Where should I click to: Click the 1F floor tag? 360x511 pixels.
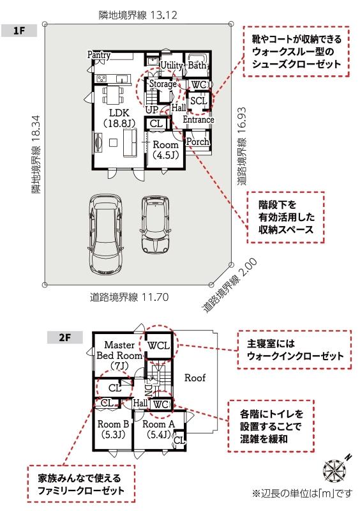click(x=19, y=31)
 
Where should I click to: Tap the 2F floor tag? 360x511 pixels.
click(x=65, y=337)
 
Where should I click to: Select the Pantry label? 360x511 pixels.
click(x=99, y=55)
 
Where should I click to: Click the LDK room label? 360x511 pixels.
click(x=119, y=118)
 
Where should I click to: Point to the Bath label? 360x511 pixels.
click(x=197, y=65)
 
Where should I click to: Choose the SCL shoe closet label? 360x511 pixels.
click(x=199, y=101)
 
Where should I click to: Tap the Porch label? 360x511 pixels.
click(x=198, y=141)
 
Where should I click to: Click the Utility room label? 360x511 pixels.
click(x=172, y=66)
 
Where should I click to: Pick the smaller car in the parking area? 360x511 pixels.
click(x=156, y=225)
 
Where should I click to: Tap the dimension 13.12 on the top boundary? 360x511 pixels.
click(x=163, y=15)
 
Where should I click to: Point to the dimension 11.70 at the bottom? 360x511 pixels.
click(x=155, y=297)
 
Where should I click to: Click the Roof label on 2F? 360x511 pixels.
click(x=195, y=378)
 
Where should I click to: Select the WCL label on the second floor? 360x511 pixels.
click(x=159, y=346)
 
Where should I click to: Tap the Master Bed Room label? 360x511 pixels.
click(x=119, y=355)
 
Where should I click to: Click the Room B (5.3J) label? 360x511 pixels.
click(x=114, y=429)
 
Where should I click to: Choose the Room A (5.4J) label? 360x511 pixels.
click(x=159, y=429)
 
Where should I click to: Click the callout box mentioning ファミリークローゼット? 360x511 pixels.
click(x=81, y=484)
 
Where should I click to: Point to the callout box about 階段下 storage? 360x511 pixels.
click(x=286, y=217)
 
